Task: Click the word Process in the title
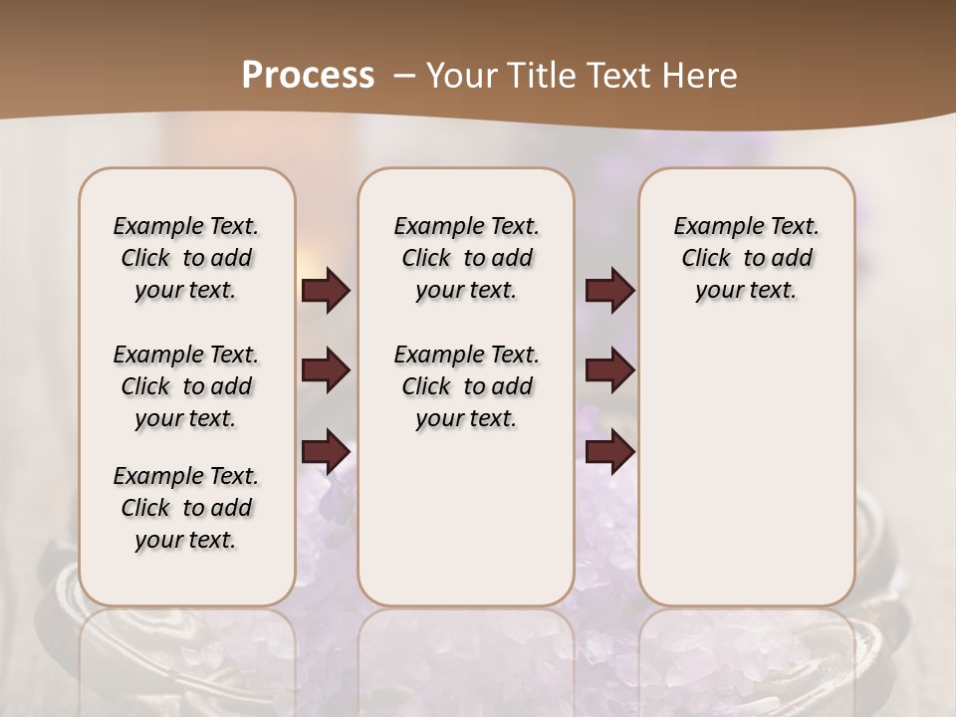click(x=308, y=76)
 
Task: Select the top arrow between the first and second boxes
click(x=326, y=290)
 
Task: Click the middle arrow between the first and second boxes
click(x=326, y=370)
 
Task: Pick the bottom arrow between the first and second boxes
click(x=326, y=451)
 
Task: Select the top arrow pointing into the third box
click(x=609, y=290)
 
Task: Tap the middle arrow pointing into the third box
click(x=609, y=370)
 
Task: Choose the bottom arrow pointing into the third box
click(x=609, y=451)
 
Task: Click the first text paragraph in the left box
click(x=186, y=258)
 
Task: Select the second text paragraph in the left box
click(x=186, y=386)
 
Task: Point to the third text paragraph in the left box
click(x=186, y=508)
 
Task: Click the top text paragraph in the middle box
click(x=466, y=258)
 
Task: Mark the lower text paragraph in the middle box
click(x=466, y=386)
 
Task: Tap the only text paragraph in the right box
click(x=746, y=258)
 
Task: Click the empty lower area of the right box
click(x=746, y=478)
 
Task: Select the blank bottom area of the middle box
click(x=466, y=528)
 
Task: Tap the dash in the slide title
click(x=403, y=76)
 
